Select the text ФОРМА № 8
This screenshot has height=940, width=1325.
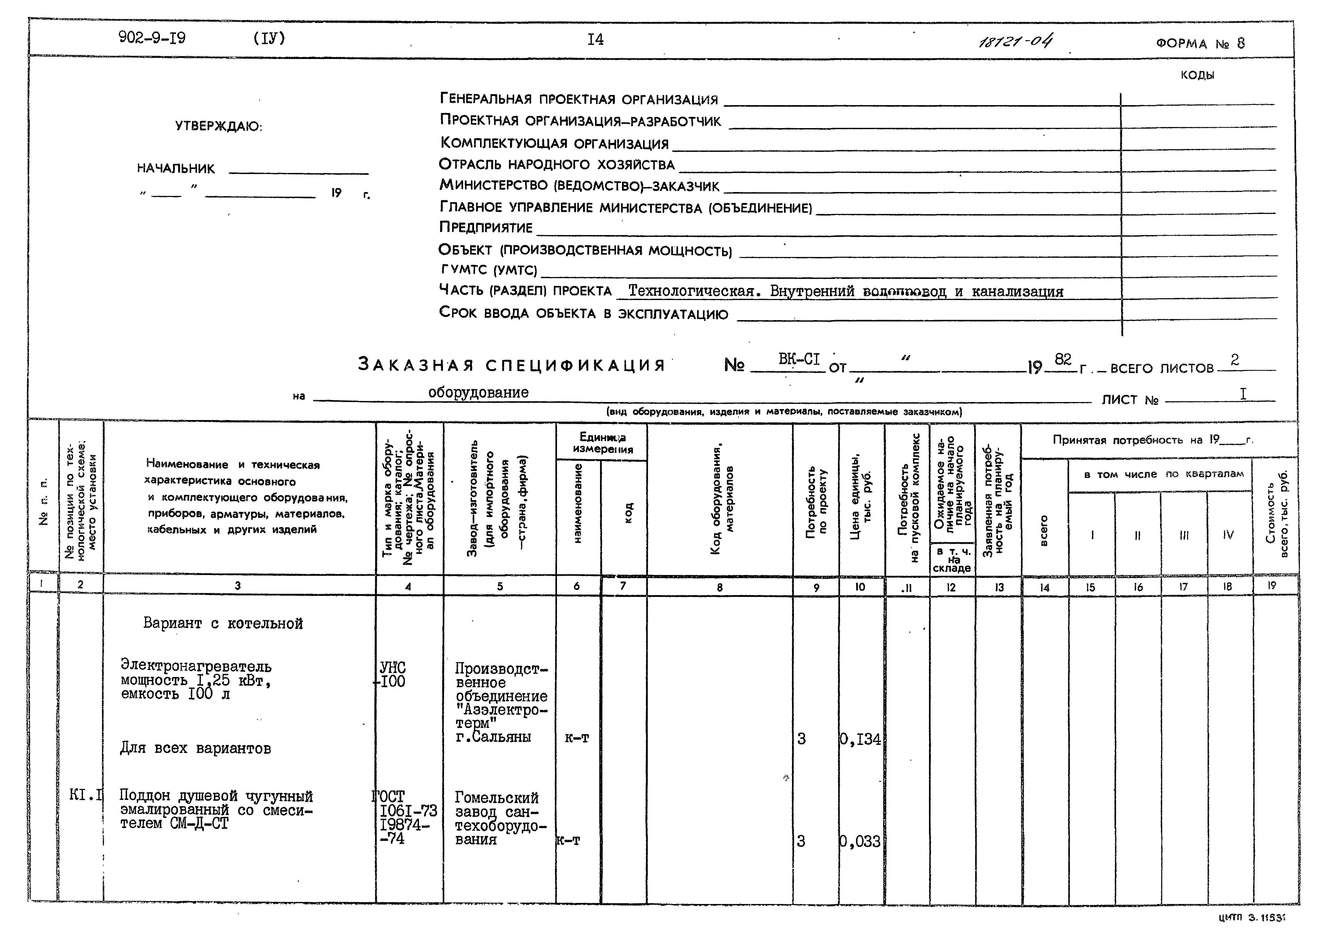pos(1200,43)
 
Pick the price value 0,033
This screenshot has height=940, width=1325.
pos(860,841)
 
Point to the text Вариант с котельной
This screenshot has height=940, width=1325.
pos(223,623)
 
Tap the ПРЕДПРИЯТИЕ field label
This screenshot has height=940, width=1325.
pos(486,227)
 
